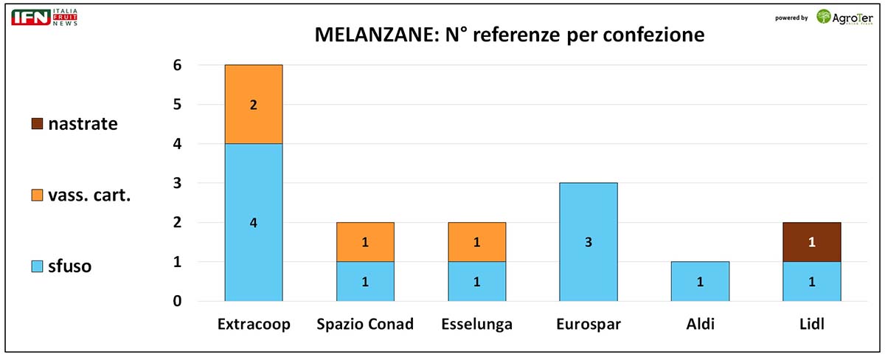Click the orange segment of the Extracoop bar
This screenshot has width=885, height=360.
click(x=254, y=105)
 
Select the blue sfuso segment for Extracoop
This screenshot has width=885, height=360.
click(x=254, y=222)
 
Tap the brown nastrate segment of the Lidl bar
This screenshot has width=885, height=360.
click(x=811, y=242)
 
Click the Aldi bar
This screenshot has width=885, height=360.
click(x=700, y=281)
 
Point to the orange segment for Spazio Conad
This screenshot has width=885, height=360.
click(x=365, y=242)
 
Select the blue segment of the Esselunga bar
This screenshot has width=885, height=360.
click(x=476, y=281)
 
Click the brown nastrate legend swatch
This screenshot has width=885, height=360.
click(x=37, y=124)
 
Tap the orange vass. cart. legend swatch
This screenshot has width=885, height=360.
click(x=37, y=195)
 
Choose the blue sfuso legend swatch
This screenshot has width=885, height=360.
click(x=37, y=266)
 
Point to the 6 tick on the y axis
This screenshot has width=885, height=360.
click(x=177, y=66)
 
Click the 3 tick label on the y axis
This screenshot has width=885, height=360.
click(x=177, y=183)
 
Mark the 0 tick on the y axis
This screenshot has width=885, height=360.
click(x=177, y=301)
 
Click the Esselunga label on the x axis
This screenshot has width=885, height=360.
click(x=476, y=325)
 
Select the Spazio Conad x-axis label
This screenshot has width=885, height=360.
click(x=365, y=325)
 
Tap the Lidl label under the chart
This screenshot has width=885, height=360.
click(x=811, y=325)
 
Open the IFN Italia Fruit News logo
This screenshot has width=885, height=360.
click(x=45, y=18)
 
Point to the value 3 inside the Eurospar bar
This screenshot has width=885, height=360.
click(x=588, y=242)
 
